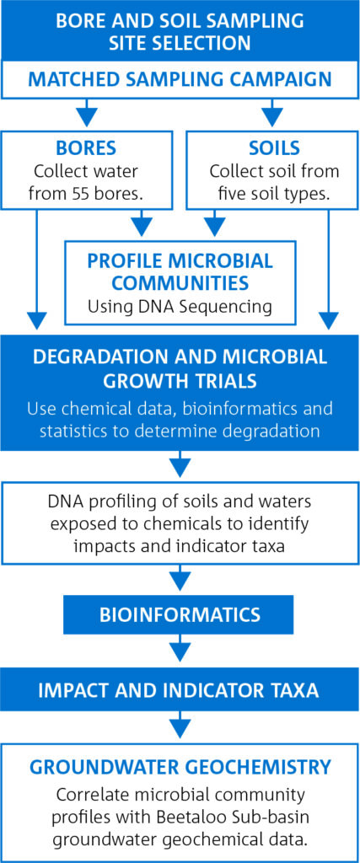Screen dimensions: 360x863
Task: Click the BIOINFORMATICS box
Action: [178, 615]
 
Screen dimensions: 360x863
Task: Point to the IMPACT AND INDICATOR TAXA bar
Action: [180, 690]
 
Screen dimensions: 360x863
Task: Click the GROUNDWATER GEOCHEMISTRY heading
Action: [180, 766]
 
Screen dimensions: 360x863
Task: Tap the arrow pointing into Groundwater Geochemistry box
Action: [178, 726]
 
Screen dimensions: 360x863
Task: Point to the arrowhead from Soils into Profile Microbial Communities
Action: [216, 225]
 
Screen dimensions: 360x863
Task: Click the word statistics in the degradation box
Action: [71, 430]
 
